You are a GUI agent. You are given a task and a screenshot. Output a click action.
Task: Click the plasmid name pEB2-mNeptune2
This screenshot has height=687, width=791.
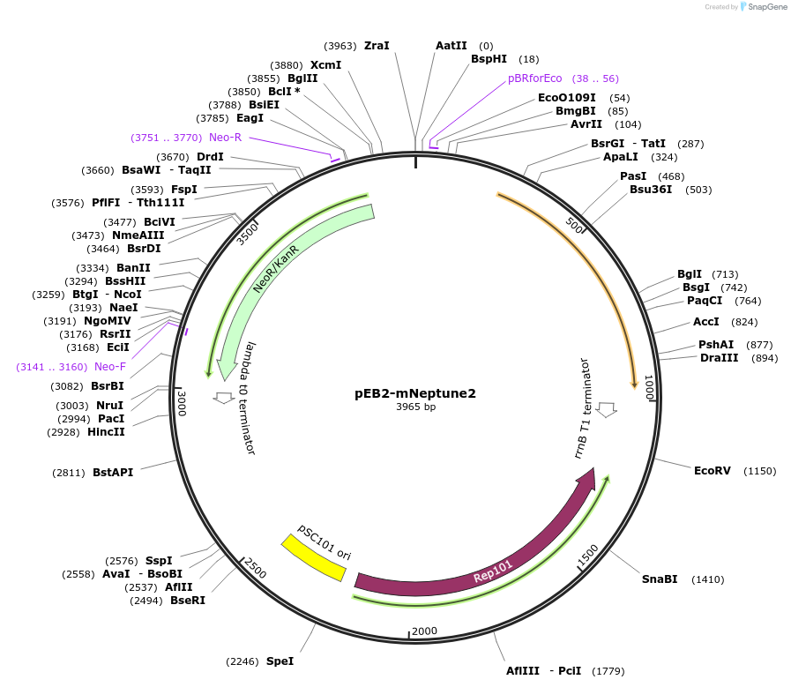tap(415, 393)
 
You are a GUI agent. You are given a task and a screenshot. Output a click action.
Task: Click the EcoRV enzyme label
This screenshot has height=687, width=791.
tap(712, 471)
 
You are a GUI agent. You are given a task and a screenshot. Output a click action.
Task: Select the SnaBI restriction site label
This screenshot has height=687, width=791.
tap(660, 579)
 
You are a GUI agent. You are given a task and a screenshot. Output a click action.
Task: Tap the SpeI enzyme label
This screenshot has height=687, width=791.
tap(280, 661)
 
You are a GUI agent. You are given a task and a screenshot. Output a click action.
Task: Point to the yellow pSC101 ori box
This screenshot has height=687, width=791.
tap(313, 557)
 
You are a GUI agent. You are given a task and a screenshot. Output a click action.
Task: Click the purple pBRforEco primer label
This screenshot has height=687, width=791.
tap(534, 78)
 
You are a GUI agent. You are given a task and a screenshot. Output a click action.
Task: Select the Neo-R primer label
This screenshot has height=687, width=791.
tap(225, 138)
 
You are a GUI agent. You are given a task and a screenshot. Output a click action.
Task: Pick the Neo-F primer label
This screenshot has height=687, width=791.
tap(110, 367)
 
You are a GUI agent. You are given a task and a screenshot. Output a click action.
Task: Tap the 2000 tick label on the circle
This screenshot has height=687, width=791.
tap(424, 631)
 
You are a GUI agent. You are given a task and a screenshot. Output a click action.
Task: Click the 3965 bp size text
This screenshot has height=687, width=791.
tap(415, 407)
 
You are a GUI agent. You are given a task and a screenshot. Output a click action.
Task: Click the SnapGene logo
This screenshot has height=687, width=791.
tap(763, 7)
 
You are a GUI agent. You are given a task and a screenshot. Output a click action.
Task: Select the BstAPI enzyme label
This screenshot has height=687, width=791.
tap(113, 473)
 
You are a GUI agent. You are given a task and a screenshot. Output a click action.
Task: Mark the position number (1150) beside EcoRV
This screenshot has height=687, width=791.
tap(759, 471)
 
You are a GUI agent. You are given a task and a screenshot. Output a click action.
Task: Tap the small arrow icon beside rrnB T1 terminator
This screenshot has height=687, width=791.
tap(606, 409)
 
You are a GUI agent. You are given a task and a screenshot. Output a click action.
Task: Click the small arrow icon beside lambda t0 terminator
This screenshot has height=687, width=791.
tap(224, 398)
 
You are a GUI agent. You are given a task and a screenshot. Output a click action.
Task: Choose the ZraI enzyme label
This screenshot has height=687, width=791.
tap(377, 46)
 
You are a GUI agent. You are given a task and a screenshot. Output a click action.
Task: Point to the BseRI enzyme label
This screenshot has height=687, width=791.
tap(187, 601)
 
